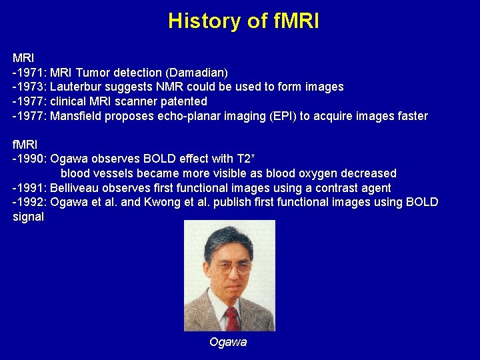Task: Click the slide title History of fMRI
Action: tap(243, 21)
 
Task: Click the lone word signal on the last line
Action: tap(28, 217)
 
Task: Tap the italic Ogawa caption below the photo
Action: tap(228, 342)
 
